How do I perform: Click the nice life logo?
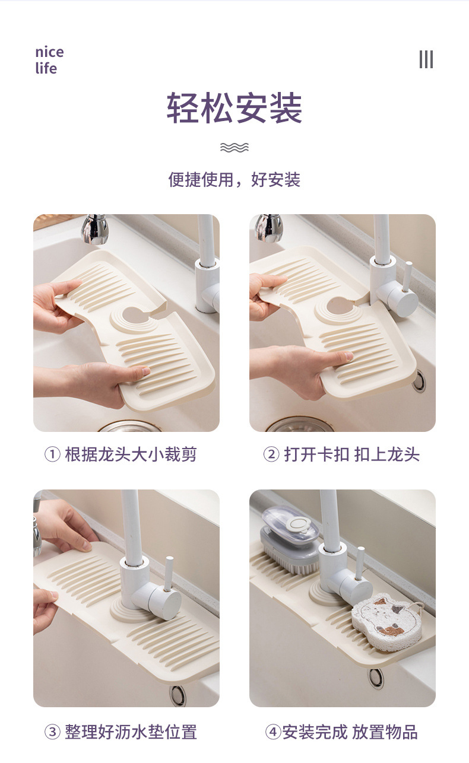pyautogui.click(x=49, y=61)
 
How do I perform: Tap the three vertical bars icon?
pyautogui.click(x=426, y=59)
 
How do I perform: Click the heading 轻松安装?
pyautogui.click(x=235, y=107)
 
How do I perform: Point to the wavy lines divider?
pyautogui.click(x=235, y=147)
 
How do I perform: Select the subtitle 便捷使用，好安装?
pyautogui.click(x=235, y=180)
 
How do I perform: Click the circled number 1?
pyautogui.click(x=52, y=454)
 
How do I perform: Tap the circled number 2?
pyautogui.click(x=271, y=454)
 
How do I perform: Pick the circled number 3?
pyautogui.click(x=52, y=732)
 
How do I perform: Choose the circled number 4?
pyautogui.click(x=273, y=732)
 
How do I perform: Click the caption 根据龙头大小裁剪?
pyautogui.click(x=131, y=454)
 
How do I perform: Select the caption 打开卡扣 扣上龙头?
pyautogui.click(x=351, y=454)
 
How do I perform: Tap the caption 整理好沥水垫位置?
pyautogui.click(x=131, y=732)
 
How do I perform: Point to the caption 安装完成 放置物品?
pyautogui.click(x=350, y=732)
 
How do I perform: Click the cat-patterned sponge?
pyautogui.click(x=387, y=622)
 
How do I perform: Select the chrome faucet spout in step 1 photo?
pyautogui.click(x=95, y=228)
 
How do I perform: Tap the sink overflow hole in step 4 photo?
pyautogui.click(x=376, y=679)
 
